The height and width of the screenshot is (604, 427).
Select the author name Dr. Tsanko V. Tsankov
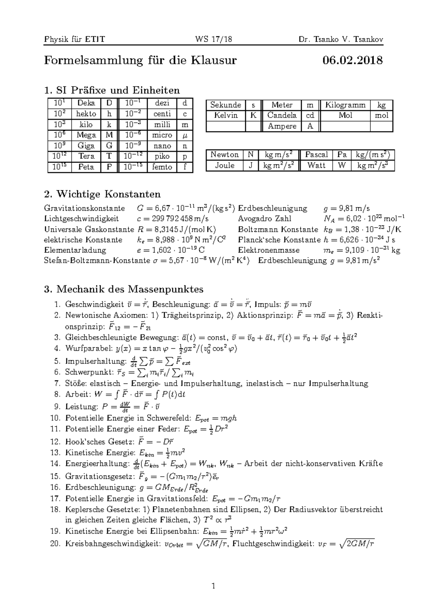[x=341, y=39]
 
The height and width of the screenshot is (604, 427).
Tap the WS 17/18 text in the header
[x=213, y=39]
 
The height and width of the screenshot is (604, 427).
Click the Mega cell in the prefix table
[x=86, y=135]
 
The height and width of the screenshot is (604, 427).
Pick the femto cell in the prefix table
[x=162, y=167]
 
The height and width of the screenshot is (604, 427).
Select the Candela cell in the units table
[x=282, y=115]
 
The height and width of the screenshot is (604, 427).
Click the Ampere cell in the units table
[x=282, y=126]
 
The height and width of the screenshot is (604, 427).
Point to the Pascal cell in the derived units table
[x=316, y=155]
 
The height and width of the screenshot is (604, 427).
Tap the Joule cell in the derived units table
[x=225, y=165]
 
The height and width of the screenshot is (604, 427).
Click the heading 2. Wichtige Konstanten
[x=102, y=194]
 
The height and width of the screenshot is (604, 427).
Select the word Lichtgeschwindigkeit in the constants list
[x=81, y=218]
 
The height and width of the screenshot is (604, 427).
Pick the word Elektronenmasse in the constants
[x=269, y=250]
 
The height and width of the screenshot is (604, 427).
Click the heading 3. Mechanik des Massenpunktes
[x=123, y=289]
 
